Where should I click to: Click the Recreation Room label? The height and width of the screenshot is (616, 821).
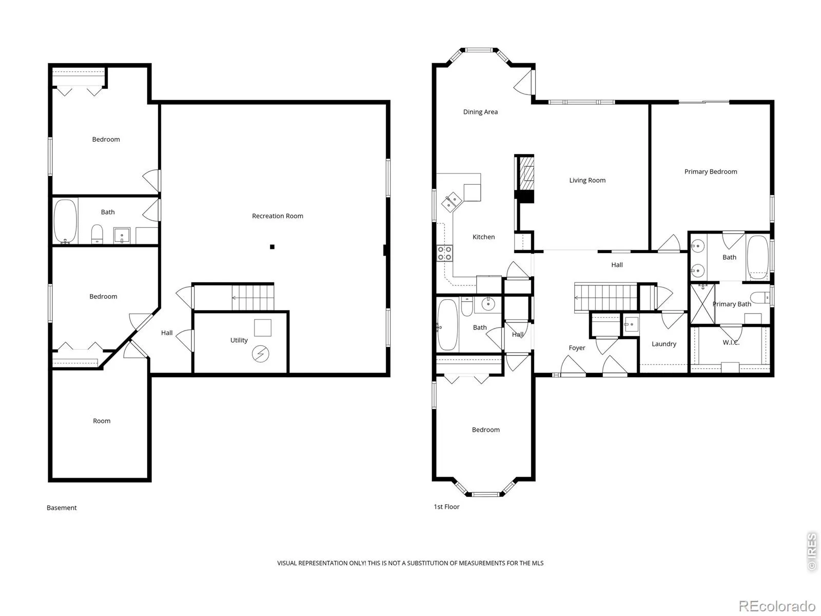click(x=277, y=216)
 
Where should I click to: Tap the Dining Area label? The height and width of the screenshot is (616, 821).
click(x=480, y=112)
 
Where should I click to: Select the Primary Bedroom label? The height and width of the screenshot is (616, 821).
click(x=711, y=171)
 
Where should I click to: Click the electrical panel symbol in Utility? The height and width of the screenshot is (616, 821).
click(x=260, y=354)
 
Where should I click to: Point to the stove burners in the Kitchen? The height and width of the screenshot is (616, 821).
click(x=445, y=253)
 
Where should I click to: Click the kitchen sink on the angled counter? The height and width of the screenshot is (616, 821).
click(x=452, y=202)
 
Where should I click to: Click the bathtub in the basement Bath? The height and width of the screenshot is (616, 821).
click(x=66, y=221)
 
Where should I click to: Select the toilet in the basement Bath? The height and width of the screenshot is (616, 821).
click(x=97, y=234)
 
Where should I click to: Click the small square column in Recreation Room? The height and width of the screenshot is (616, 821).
click(x=272, y=247)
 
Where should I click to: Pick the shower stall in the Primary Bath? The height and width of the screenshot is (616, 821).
click(x=702, y=304)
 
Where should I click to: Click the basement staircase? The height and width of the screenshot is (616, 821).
click(x=252, y=298)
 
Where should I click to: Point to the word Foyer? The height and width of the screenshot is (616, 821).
click(x=577, y=348)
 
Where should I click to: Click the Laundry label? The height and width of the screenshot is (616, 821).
click(x=664, y=344)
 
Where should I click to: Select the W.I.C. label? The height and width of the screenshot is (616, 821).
click(x=731, y=342)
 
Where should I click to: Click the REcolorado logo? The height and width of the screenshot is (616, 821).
click(x=777, y=606)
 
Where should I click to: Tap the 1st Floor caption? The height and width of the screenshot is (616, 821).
click(x=446, y=507)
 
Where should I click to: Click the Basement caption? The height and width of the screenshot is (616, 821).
click(x=62, y=508)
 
